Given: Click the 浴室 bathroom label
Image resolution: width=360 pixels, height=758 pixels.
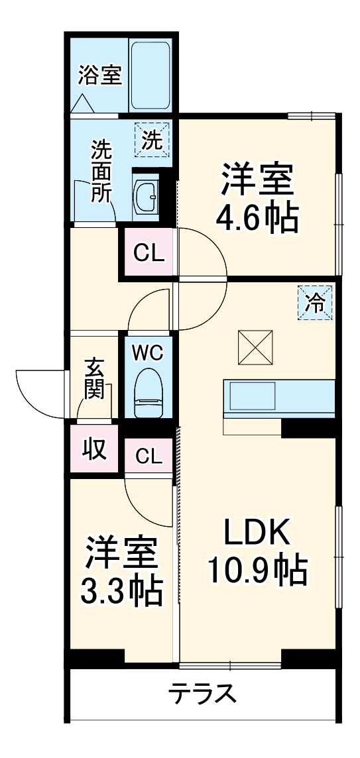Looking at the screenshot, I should [99, 76].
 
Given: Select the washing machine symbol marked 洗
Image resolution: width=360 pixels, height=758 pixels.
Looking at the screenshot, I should [152, 140].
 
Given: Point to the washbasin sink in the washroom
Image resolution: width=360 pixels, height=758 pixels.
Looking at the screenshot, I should [147, 195].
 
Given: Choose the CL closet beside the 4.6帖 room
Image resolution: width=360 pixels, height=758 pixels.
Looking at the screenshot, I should [148, 252].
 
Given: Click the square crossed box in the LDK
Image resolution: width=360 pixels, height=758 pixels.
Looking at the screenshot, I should [255, 347].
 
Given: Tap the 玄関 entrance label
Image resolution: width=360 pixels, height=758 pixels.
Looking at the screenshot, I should [95, 378].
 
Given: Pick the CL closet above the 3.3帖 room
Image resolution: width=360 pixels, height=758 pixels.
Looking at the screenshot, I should [149, 455].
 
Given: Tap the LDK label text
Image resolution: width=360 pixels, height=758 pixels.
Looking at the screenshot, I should [257, 531].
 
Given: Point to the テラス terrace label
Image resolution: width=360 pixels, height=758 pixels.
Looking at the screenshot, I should [202, 694].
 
